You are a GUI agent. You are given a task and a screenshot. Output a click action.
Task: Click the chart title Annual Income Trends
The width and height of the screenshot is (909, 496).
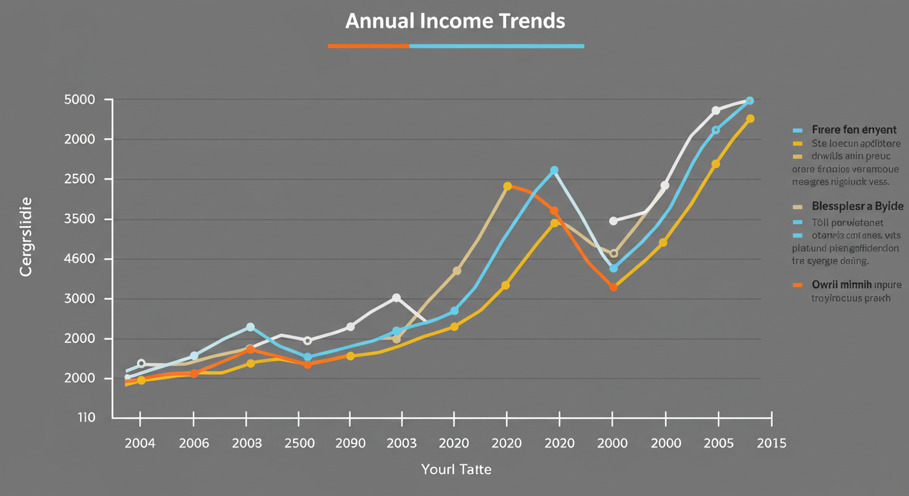point(455,21)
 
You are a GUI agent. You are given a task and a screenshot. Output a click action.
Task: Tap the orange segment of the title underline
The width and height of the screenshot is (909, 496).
point(368,46)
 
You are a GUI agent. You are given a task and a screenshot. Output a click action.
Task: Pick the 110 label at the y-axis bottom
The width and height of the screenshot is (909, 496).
point(87,418)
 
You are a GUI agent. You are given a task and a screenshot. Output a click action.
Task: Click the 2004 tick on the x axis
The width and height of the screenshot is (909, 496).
point(139,444)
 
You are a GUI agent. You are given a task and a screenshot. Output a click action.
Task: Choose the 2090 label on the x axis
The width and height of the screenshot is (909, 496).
point(350,444)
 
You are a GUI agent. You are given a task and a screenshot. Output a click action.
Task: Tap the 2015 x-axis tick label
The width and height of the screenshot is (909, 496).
point(771,444)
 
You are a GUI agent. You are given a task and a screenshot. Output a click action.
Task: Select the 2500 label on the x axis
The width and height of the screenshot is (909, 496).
point(299,444)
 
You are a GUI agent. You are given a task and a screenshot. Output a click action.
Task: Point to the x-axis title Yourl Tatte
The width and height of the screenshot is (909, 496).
point(456,468)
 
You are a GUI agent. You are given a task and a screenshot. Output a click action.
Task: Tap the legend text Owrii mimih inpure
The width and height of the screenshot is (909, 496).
point(856,284)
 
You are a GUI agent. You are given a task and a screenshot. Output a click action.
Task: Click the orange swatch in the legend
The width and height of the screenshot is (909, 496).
point(798,285)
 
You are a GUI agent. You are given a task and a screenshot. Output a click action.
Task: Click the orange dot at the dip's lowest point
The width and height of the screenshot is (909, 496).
point(613,287)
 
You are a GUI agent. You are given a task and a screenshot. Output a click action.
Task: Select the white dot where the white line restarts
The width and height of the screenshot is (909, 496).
point(613,221)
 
